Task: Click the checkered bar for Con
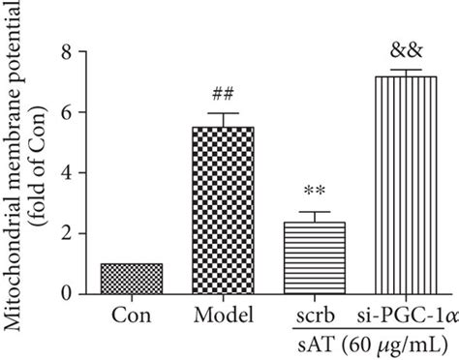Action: coord(132,278)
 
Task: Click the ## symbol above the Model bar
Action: coord(224,94)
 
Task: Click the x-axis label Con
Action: coord(132,315)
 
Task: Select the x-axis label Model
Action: coord(223,315)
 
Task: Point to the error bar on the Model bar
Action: coord(224,119)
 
